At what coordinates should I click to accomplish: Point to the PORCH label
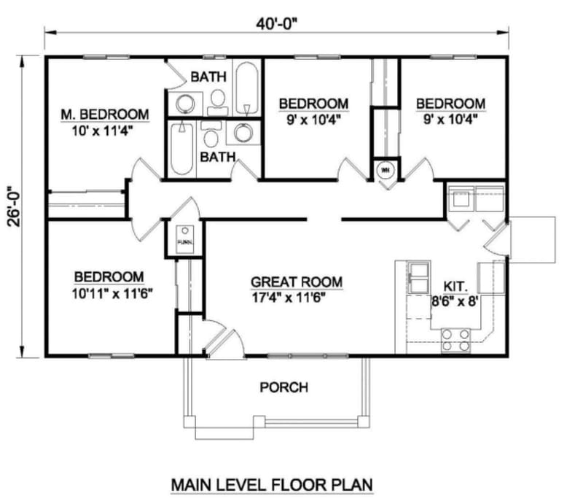coord(283,387)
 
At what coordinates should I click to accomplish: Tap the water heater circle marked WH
coord(385,171)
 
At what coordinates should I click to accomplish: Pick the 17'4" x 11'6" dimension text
coord(287,297)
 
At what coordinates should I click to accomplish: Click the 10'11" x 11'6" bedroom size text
coord(109,292)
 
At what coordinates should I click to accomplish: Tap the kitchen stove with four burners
coord(456,339)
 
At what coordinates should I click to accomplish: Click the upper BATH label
coord(208,76)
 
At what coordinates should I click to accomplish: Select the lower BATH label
coord(218,156)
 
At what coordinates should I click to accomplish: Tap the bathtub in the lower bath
coord(182,149)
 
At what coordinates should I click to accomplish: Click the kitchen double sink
coord(420,276)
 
